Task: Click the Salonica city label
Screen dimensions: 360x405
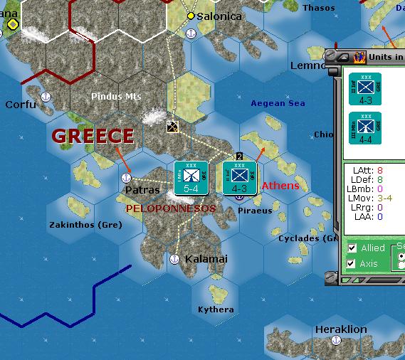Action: coord(220,16)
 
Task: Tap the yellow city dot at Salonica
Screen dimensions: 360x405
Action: coord(191,16)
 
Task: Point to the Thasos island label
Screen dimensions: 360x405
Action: coord(318,8)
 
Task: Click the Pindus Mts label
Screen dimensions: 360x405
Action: coord(117,96)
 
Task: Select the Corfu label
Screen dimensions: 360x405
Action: coord(20,105)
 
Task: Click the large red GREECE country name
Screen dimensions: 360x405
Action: coord(93,136)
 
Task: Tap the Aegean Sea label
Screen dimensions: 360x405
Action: coord(278,103)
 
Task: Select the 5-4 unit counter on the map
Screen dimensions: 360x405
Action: coord(191,178)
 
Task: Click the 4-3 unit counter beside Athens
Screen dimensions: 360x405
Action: coord(239,178)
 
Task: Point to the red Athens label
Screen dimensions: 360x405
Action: coord(280,186)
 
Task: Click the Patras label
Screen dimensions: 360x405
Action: coord(142,191)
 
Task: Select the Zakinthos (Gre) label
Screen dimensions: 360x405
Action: coord(85,225)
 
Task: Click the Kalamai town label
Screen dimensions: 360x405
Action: coord(206,259)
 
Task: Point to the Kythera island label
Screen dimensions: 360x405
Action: coord(216,309)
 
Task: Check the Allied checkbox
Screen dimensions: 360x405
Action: coord(352,248)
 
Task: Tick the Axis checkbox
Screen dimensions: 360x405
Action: coord(352,264)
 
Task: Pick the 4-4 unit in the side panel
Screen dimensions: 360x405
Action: coord(365,129)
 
